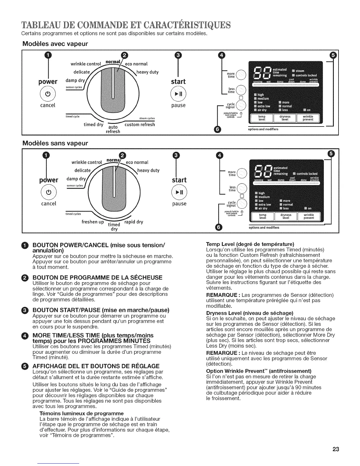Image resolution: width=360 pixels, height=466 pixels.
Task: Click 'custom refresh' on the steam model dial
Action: tap(140, 124)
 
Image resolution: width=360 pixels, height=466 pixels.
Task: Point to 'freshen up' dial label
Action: tap(93, 222)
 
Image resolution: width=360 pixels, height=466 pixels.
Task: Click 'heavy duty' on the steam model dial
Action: tap(148, 72)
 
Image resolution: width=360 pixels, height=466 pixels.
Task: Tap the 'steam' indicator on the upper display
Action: tap(300, 71)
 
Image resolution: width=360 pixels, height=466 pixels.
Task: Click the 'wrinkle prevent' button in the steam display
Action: tap(308, 118)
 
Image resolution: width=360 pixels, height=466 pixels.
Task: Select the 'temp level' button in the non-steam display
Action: tap(263, 217)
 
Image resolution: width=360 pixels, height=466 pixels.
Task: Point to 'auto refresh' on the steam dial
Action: tap(113, 129)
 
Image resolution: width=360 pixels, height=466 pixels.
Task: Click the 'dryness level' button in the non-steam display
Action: tap(285, 217)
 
